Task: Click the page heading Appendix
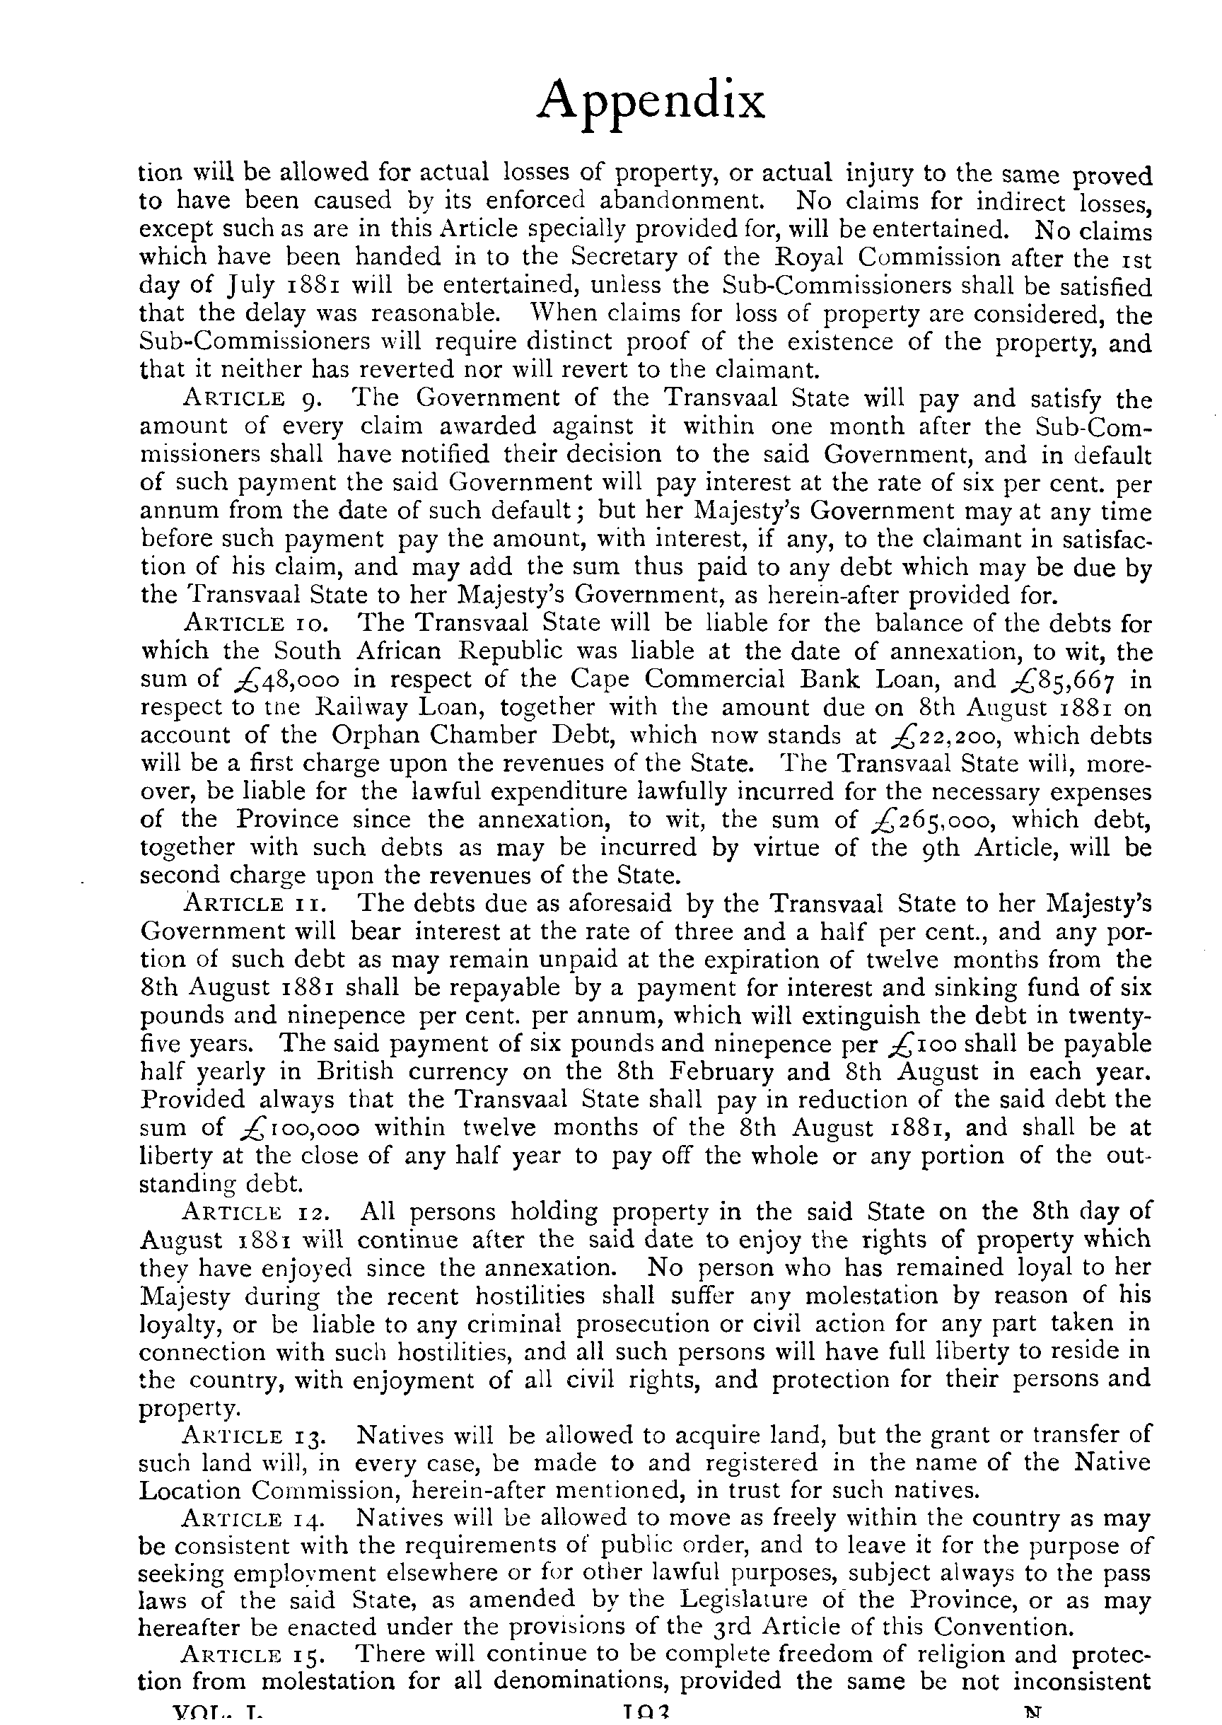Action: click(650, 103)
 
